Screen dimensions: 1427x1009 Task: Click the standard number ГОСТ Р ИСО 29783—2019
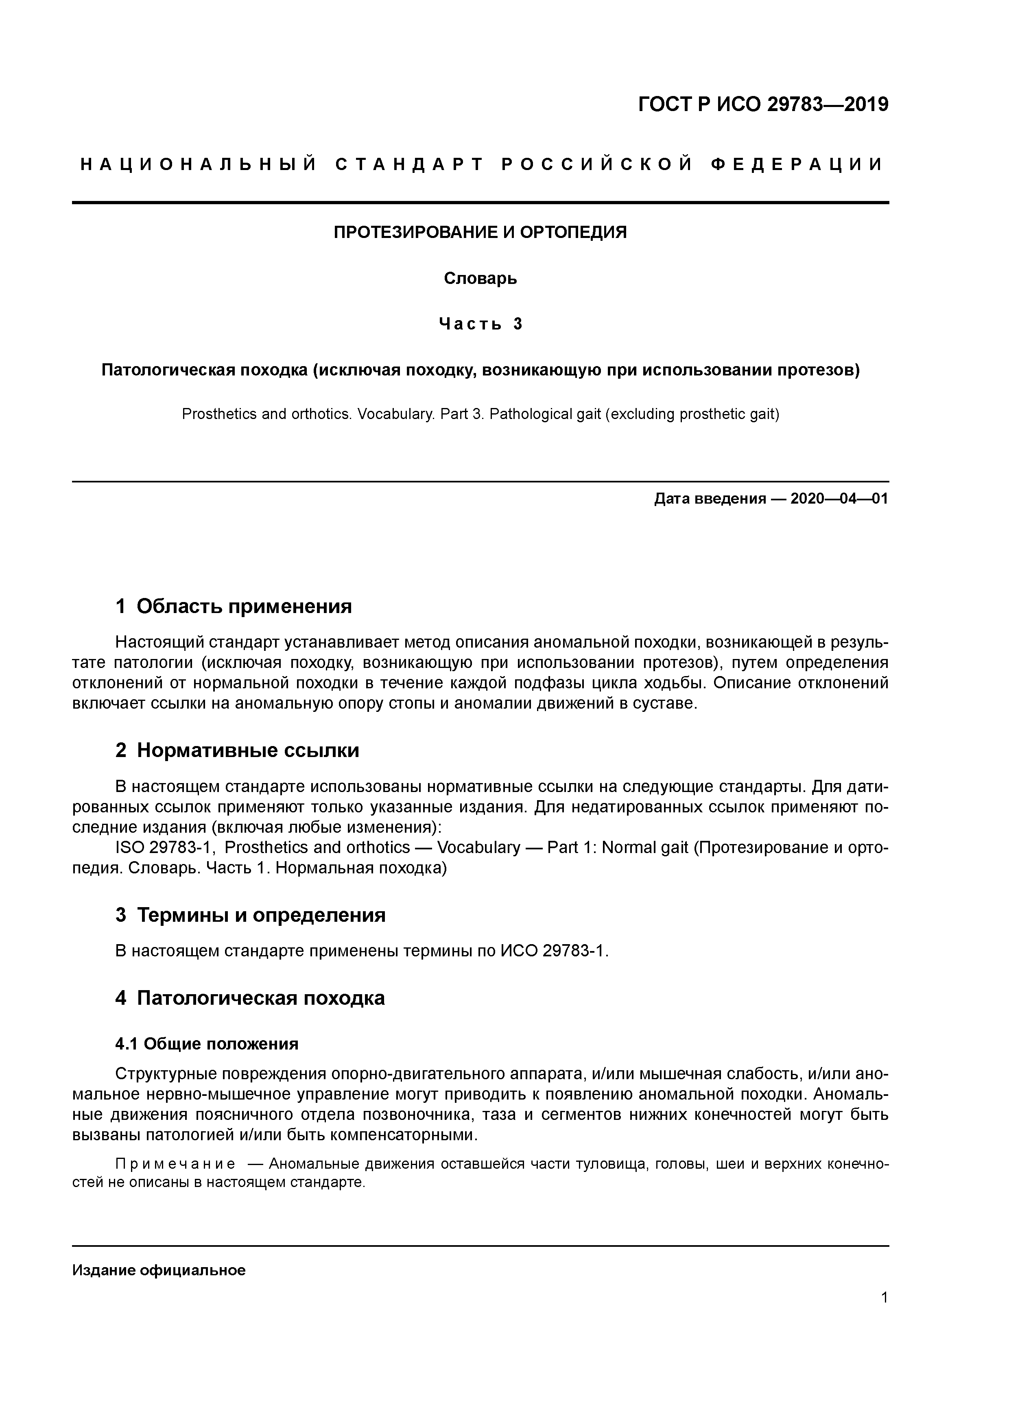(x=763, y=105)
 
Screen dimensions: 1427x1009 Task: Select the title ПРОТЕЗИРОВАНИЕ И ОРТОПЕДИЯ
(x=480, y=232)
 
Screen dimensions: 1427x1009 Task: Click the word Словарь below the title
(x=480, y=278)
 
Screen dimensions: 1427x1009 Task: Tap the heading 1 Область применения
(x=234, y=606)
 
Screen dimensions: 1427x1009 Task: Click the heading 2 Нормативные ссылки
(x=238, y=751)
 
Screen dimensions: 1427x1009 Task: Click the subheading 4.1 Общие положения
(x=207, y=1044)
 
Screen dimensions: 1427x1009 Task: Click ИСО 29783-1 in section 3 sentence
(x=552, y=951)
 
